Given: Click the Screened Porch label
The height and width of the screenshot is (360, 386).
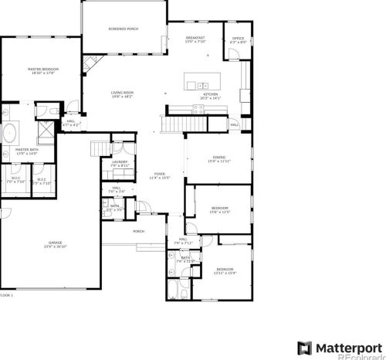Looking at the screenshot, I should tap(123, 29).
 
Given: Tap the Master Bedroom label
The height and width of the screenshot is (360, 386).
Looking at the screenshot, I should tap(43, 70).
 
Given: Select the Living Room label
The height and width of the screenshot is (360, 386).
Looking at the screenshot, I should tap(123, 94).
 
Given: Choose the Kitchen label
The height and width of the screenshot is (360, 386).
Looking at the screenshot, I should tap(210, 95).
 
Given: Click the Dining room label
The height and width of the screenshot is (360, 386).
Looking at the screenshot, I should tap(219, 158).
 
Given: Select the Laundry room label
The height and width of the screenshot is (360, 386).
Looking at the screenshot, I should tap(119, 163).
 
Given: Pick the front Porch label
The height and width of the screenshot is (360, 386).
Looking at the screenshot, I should tap(139, 231).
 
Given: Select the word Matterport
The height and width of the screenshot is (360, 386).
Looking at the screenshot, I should tap(347, 345).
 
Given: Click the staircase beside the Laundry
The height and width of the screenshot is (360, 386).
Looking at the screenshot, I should tap(98, 149).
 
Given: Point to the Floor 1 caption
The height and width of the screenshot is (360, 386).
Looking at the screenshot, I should tap(6, 294).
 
